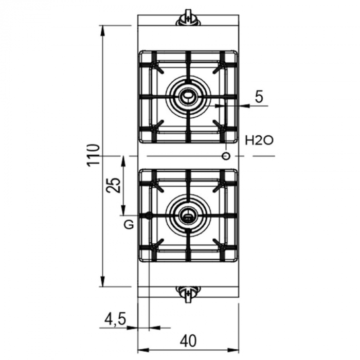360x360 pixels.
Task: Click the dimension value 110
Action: click(x=94, y=154)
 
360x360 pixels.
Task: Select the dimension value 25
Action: click(x=114, y=185)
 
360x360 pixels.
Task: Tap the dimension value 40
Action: click(x=188, y=340)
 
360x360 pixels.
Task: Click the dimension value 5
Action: click(x=259, y=97)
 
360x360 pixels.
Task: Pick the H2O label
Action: click(x=259, y=140)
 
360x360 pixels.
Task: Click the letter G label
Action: click(x=129, y=225)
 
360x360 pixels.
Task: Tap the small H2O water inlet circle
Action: click(x=226, y=156)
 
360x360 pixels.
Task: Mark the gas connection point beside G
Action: click(x=149, y=215)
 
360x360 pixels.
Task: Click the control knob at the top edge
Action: click(x=188, y=20)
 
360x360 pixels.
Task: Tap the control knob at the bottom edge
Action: click(x=188, y=292)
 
